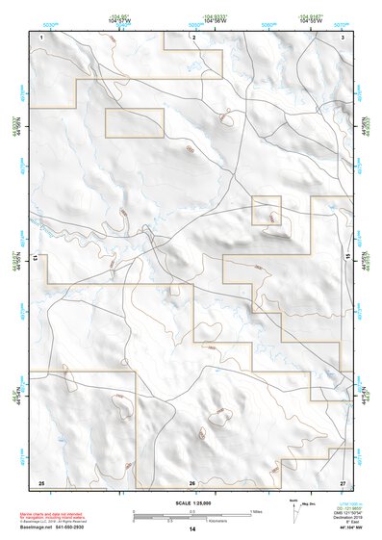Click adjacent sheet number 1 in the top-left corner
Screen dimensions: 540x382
(x=42, y=37)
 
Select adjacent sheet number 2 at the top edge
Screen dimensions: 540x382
(x=193, y=37)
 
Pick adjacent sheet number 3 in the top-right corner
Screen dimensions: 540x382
(x=344, y=37)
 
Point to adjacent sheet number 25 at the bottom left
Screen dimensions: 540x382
(x=41, y=481)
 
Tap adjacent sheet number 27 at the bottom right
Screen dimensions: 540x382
(x=343, y=481)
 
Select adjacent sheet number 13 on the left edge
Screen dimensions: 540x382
(x=36, y=259)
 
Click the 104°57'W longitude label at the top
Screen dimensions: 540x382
(x=119, y=20)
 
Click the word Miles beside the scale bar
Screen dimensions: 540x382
(x=257, y=510)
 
